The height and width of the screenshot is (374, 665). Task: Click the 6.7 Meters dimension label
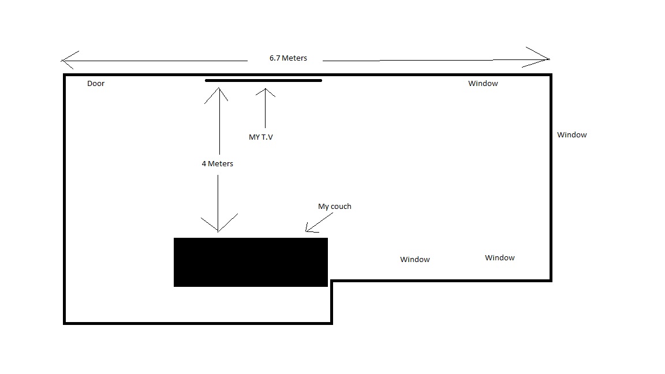click(288, 58)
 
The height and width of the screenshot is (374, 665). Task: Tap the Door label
click(96, 84)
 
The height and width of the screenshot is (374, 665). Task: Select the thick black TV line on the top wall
click(263, 80)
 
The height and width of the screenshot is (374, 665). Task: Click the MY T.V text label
click(261, 137)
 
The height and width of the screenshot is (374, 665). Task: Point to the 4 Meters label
click(218, 164)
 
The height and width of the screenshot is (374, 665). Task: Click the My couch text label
click(335, 207)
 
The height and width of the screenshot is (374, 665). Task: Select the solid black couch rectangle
click(251, 262)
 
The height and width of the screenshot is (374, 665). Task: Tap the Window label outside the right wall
click(571, 135)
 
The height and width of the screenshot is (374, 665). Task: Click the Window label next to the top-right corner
click(483, 84)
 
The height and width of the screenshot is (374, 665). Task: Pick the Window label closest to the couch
click(415, 260)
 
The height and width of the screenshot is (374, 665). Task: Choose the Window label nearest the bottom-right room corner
click(499, 258)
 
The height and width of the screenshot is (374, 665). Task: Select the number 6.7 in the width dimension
click(274, 58)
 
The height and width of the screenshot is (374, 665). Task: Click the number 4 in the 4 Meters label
click(204, 164)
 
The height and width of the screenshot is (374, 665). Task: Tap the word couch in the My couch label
click(341, 207)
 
